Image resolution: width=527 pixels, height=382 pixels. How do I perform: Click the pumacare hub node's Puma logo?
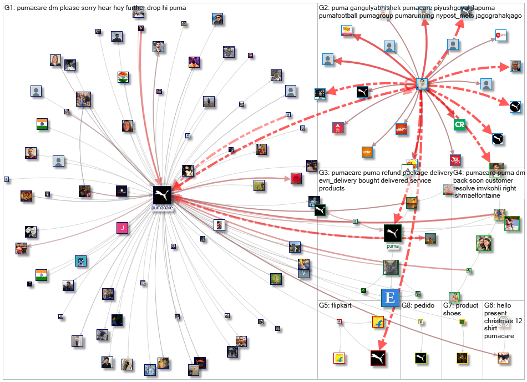click(x=163, y=194)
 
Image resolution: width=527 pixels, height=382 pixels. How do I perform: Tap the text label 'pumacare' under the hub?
click(x=163, y=208)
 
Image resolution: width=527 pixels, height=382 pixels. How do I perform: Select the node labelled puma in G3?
click(x=393, y=233)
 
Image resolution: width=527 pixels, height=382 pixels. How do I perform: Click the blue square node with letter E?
click(x=390, y=298)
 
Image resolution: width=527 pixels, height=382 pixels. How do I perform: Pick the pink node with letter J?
click(x=121, y=227)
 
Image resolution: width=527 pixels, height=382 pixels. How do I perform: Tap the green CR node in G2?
click(x=459, y=124)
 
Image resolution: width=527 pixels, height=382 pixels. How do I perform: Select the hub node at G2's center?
click(x=423, y=84)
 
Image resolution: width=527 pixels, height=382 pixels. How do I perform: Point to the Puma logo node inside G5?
click(x=378, y=358)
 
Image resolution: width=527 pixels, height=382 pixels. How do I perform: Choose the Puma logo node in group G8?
click(x=421, y=358)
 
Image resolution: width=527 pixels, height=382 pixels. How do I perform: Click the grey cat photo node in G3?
click(x=391, y=267)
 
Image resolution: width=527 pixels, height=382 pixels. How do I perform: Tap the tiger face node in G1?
click(x=26, y=195)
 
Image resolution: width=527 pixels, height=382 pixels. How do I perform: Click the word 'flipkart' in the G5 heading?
click(x=342, y=305)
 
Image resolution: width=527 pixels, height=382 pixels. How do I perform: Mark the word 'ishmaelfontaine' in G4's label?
click(x=476, y=196)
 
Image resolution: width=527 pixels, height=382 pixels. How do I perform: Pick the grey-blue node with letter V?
click(x=303, y=273)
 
